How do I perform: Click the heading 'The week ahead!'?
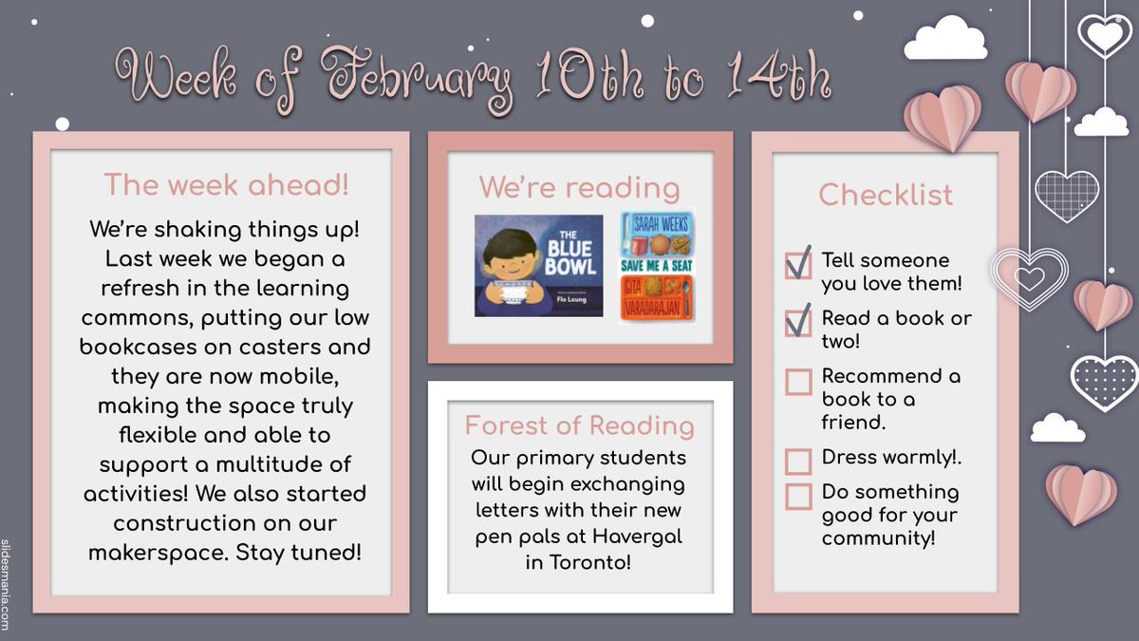[x=226, y=185]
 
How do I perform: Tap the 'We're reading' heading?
[x=579, y=187]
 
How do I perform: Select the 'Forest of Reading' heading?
[x=579, y=424]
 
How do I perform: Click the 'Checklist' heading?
[x=885, y=195]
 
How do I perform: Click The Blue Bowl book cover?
[x=538, y=265]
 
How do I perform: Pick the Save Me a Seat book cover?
[x=657, y=265]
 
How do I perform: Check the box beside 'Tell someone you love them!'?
[x=798, y=264]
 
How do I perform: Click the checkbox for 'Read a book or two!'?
[x=798, y=322]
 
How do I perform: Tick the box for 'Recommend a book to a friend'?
[x=798, y=382]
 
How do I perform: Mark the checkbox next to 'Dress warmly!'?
[x=798, y=462]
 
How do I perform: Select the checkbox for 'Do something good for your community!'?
[x=798, y=497]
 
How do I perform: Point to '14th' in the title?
[x=778, y=76]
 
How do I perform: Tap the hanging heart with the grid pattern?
[x=1066, y=195]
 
